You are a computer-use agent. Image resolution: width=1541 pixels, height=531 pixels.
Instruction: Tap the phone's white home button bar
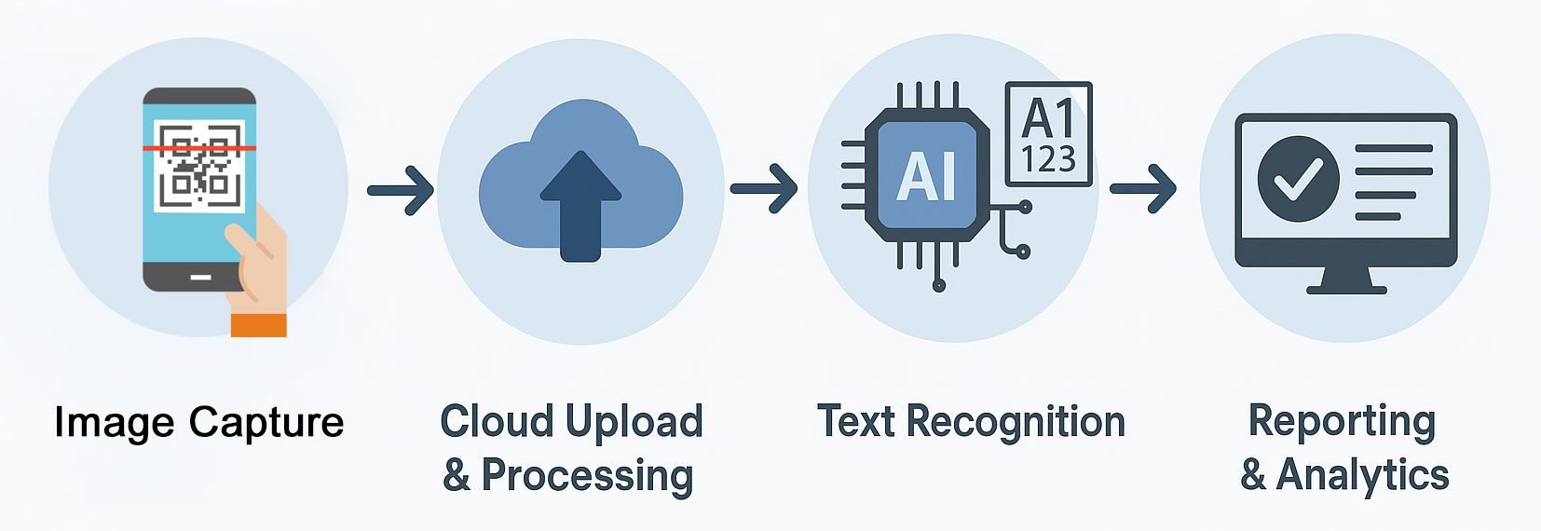200,277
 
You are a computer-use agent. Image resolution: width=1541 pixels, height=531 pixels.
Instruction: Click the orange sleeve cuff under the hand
258,325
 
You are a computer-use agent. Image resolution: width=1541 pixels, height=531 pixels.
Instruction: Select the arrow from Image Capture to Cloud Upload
401,191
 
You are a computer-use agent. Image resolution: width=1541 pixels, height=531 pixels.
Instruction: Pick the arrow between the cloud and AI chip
763,189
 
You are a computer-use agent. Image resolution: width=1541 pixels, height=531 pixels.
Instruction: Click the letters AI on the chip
926,177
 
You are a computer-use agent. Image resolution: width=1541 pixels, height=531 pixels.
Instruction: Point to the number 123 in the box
1049,160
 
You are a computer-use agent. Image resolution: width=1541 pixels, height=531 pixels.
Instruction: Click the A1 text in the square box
1049,118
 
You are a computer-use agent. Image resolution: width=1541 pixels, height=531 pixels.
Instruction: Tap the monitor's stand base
1346,288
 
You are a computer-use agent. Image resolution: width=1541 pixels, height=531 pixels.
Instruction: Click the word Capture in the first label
266,423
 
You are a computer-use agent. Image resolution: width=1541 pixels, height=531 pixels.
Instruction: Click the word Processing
587,475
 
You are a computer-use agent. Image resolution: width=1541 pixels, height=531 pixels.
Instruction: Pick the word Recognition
1016,422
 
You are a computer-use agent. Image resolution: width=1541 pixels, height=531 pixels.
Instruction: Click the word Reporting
1342,421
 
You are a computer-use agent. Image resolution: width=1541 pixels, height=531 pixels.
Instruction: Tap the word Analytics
1362,475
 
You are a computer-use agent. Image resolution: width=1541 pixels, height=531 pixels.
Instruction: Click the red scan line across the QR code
198,148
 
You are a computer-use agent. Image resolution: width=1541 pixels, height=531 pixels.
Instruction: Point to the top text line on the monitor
1394,149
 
